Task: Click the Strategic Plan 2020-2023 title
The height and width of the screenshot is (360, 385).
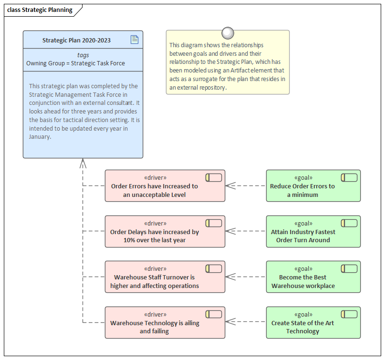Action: (76, 41)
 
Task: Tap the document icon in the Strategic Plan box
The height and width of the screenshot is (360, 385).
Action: (135, 40)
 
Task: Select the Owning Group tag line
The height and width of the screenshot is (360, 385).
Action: (75, 63)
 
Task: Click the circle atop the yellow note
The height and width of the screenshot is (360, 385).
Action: (228, 33)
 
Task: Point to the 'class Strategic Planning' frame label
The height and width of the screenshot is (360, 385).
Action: (40, 10)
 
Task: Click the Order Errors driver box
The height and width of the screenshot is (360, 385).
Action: (165, 186)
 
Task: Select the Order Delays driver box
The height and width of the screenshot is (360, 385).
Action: (165, 231)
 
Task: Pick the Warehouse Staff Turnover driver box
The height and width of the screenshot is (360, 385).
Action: (165, 277)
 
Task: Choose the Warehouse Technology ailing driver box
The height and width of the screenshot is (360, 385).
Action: (165, 323)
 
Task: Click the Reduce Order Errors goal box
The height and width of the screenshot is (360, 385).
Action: (313, 186)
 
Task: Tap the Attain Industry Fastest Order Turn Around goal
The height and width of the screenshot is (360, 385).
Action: (313, 231)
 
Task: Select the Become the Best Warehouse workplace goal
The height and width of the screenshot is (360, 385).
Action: (313, 277)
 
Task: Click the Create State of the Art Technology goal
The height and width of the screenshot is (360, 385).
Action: (313, 323)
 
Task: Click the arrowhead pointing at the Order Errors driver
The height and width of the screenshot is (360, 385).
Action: (230, 185)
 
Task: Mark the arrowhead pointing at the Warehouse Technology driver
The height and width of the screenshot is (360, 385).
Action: (230, 322)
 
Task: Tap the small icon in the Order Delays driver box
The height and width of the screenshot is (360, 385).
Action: (214, 223)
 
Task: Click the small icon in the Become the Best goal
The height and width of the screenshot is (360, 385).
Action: (349, 269)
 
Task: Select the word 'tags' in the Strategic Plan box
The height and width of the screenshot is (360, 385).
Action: (83, 55)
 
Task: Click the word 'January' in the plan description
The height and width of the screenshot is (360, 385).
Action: (40, 137)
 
